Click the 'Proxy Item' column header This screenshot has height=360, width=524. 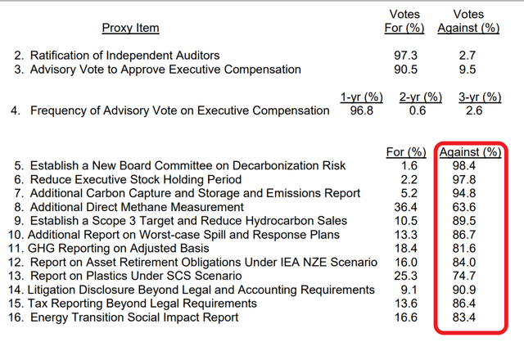coord(131,29)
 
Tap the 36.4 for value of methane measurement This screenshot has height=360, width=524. coord(406,207)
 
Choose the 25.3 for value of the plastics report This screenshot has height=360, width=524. coord(406,276)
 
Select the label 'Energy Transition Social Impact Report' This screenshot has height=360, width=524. coord(134,317)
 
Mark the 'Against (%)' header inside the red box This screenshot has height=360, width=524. coord(469,152)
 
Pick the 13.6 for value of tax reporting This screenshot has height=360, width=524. coord(406,303)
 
